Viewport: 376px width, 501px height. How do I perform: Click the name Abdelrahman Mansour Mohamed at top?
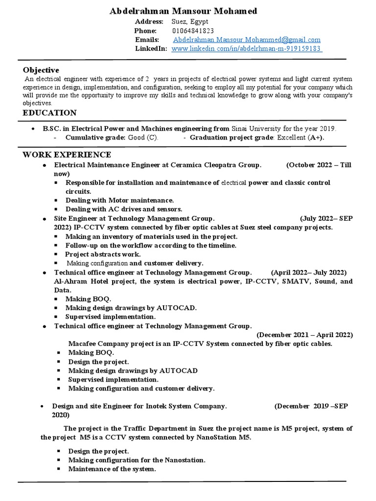pyautogui.click(x=183, y=11)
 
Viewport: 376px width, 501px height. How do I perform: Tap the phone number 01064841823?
pyautogui.click(x=193, y=31)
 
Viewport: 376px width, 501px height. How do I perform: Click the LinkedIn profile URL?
pyautogui.click(x=246, y=48)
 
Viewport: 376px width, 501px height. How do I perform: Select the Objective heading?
pyautogui.click(x=41, y=70)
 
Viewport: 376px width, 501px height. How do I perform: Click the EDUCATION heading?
pyautogui.click(x=49, y=113)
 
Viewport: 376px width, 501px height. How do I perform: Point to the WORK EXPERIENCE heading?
pyautogui.click(x=67, y=155)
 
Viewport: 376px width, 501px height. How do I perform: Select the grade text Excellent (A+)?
pyautogui.click(x=300, y=137)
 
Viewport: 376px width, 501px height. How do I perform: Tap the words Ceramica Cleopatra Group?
pyautogui.click(x=215, y=165)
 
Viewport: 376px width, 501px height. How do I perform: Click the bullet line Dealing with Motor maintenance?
pyautogui.click(x=120, y=200)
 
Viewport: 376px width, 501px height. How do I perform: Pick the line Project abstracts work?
pyautogui.click(x=103, y=254)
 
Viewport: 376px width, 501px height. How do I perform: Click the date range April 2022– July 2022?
pyautogui.click(x=308, y=272)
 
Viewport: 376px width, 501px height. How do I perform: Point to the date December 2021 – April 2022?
pyautogui.click(x=305, y=335)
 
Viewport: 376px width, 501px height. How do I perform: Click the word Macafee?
pyautogui.click(x=83, y=343)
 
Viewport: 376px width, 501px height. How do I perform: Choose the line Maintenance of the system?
pyautogui.click(x=112, y=469)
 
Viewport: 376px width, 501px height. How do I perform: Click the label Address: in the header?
pyautogui.click(x=149, y=22)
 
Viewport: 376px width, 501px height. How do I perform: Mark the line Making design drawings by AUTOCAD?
pyautogui.click(x=131, y=308)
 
